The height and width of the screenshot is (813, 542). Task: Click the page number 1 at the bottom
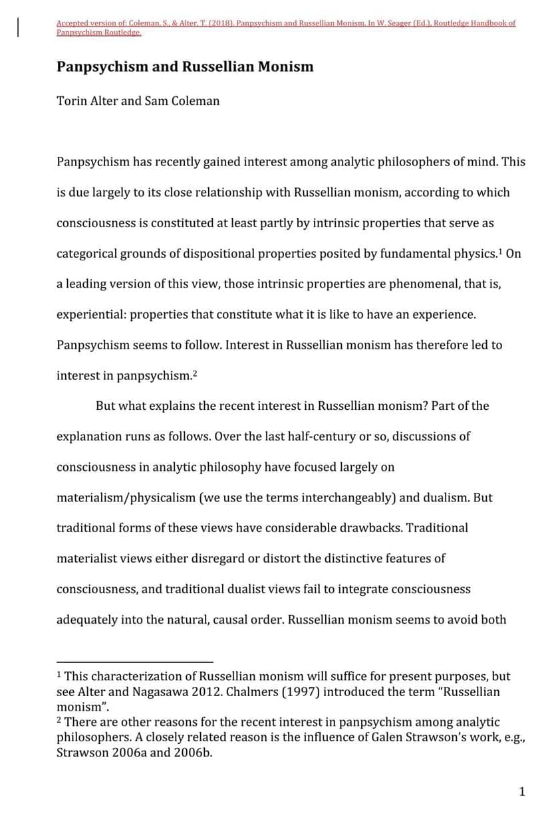[x=521, y=790]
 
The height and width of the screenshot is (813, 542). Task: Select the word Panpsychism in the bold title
[x=98, y=66]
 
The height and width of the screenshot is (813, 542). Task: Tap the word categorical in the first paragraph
[x=88, y=254]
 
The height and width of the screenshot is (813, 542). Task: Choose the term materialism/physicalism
[x=126, y=497]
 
